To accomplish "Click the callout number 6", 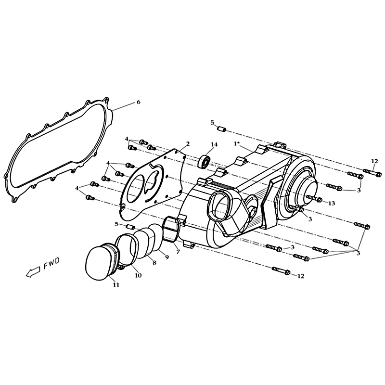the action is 138,102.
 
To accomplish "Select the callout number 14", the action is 214,144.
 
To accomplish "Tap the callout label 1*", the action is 237,143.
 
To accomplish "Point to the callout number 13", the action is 332,204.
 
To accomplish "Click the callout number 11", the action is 116,284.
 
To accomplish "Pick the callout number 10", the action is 138,275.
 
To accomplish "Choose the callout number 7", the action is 178,252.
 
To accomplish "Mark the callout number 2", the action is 188,143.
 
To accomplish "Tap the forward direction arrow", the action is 33,271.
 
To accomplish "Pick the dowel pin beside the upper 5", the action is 222,128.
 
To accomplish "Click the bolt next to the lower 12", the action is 281,270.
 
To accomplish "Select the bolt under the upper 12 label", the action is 372,173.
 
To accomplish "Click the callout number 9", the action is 167,257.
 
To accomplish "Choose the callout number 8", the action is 154,263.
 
